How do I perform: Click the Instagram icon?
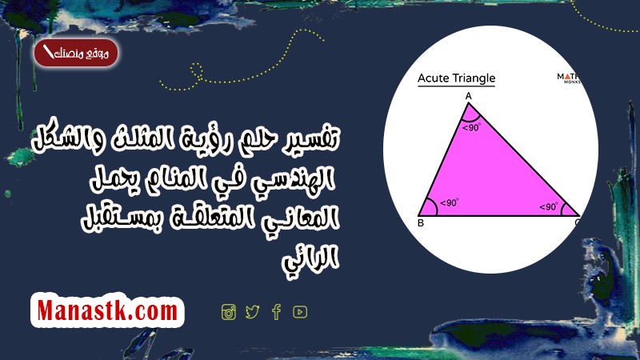(x=229, y=312)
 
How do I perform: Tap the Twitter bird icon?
(x=253, y=312)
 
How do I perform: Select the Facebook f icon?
(x=276, y=312)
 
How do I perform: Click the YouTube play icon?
(x=300, y=312)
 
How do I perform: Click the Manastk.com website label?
(x=107, y=310)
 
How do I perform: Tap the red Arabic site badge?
(x=76, y=53)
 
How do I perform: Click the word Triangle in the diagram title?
(x=474, y=78)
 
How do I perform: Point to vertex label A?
(x=469, y=96)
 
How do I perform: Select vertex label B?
(x=421, y=223)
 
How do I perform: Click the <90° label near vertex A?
(x=472, y=128)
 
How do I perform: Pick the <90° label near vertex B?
(x=450, y=203)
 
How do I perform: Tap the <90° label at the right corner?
(x=549, y=207)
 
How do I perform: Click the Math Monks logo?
(x=568, y=78)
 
